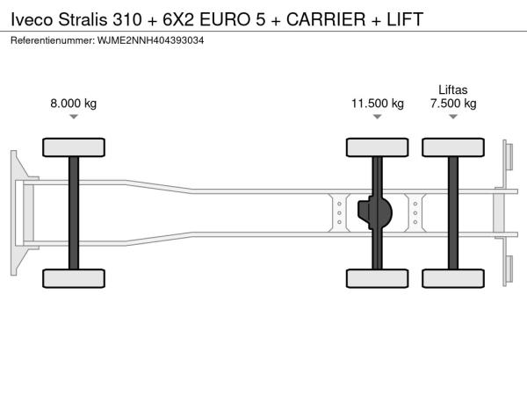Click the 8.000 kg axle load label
73,103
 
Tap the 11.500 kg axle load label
378,103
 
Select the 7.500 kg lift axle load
453,103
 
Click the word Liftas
452,90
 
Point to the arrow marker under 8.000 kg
74,117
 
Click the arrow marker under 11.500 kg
378,117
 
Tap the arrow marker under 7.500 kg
453,117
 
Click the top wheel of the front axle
74,147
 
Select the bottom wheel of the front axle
74,278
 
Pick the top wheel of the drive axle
378,147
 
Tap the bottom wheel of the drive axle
378,278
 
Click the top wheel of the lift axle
453,147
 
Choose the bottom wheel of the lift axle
453,278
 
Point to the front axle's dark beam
74,213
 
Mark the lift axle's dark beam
453,213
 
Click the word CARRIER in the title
326,19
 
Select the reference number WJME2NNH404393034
150,40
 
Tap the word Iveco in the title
32,19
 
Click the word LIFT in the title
405,19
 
